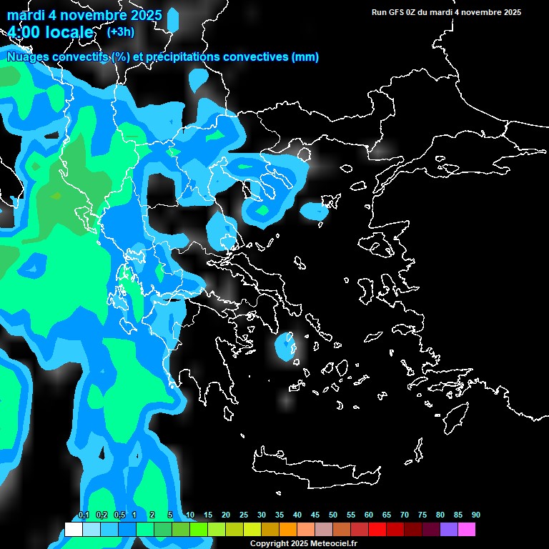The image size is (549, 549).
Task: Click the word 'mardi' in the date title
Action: (26, 15)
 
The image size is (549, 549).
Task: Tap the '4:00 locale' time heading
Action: (51, 32)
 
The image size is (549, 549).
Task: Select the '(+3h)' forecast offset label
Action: (119, 31)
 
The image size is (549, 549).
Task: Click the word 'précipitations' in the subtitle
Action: (182, 57)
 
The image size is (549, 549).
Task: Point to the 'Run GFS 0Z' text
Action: (395, 12)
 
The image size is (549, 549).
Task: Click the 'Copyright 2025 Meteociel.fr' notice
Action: (303, 543)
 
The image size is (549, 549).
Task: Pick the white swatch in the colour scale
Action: (74, 529)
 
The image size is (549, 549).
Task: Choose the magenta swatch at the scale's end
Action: (467, 529)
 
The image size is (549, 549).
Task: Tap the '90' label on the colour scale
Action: (475, 515)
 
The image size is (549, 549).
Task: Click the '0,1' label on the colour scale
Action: (84, 515)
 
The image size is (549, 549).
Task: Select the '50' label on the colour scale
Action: (333, 515)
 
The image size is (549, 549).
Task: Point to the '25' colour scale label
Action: (244, 515)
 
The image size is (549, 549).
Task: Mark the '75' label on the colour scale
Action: (422, 515)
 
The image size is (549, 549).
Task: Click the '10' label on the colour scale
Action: (190, 515)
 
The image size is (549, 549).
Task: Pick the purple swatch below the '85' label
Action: (449, 529)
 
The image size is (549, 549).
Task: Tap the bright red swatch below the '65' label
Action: (377, 529)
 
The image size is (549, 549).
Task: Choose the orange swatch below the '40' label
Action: (288, 529)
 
